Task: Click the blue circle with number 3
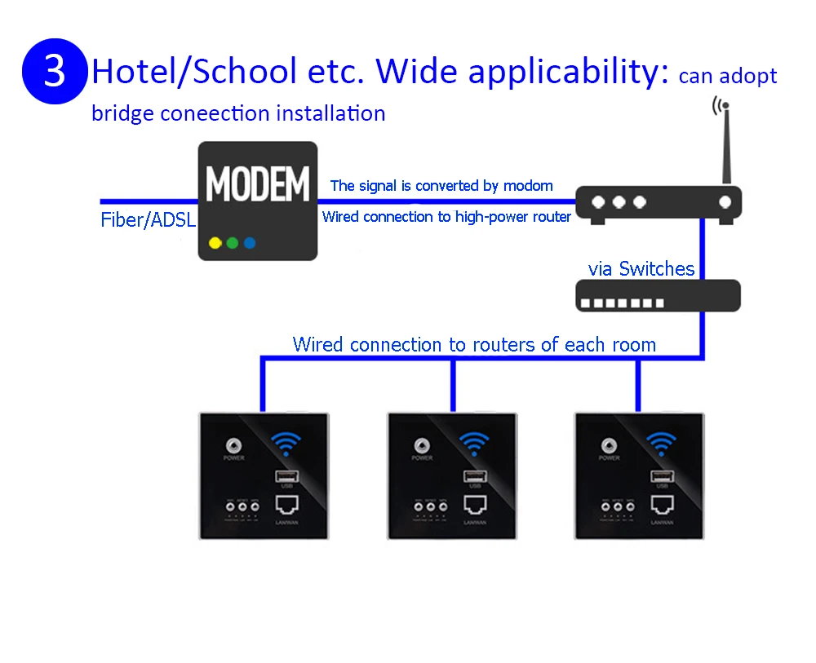click(54, 71)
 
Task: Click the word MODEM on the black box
click(257, 184)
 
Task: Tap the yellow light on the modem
click(215, 243)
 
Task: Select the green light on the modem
click(233, 243)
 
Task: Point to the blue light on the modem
click(250, 243)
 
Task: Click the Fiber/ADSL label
click(148, 220)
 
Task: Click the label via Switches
click(641, 269)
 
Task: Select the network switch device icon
click(658, 295)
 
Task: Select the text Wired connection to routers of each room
click(474, 344)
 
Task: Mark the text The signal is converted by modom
click(441, 186)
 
